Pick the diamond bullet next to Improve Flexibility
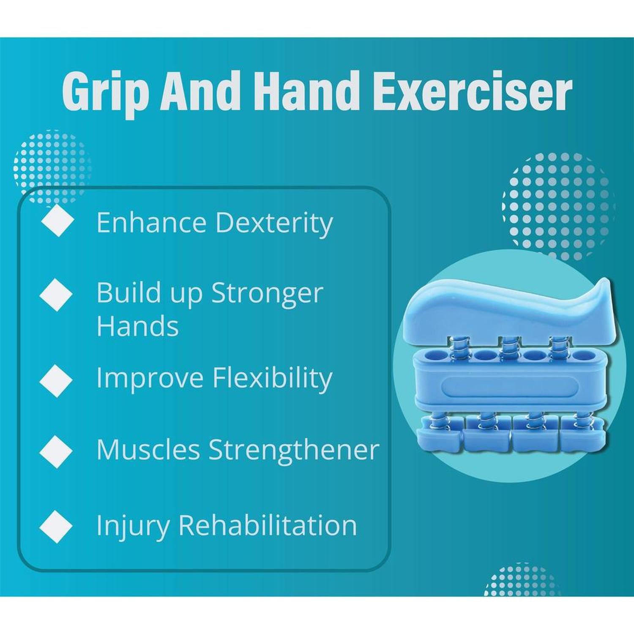pos(56,380)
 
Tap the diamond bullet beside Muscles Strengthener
pos(56,451)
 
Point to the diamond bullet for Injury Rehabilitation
pos(56,526)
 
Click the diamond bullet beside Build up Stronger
pos(56,295)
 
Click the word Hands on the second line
pos(137,326)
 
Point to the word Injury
pos(132,526)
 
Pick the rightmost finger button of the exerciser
pos(583,435)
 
